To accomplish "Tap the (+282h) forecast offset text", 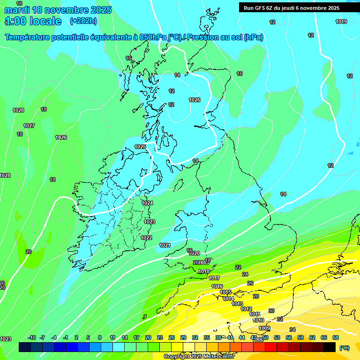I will (83, 21).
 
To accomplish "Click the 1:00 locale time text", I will (33, 21).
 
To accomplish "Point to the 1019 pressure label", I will (341, 22).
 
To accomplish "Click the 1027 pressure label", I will (29, 126).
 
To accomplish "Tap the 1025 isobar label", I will (140, 147).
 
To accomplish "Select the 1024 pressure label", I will (147, 203).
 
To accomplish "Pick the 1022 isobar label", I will (146, 238).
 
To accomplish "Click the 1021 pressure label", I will (165, 245).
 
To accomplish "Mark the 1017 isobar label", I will (214, 278).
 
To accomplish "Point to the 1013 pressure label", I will (237, 304).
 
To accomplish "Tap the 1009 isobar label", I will (264, 328).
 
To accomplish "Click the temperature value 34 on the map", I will (292, 330).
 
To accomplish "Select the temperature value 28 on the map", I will (256, 296).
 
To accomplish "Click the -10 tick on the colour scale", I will (32, 337).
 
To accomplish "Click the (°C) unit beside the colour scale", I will (344, 347).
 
